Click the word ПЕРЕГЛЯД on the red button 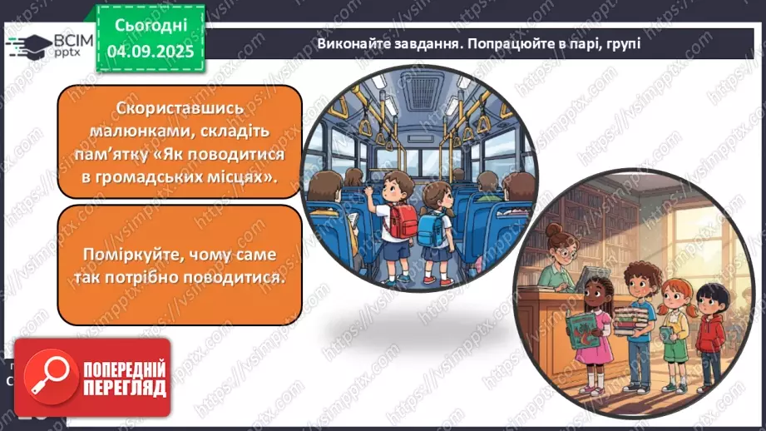coord(125,389)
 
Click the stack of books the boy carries coord(635,320)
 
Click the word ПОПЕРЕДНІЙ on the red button coord(125,369)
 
